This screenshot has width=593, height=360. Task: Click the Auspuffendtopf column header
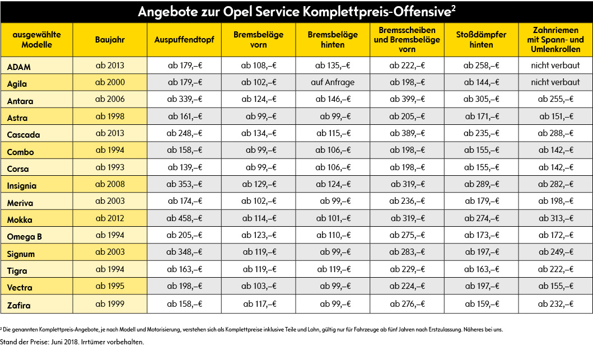[184, 40]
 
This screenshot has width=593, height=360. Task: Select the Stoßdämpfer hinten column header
[481, 40]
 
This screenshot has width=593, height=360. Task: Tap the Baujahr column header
[110, 40]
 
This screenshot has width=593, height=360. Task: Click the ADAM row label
[19, 67]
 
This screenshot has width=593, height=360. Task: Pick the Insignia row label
[21, 186]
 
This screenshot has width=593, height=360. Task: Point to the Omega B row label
[24, 237]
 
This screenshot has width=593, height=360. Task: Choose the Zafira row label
[18, 305]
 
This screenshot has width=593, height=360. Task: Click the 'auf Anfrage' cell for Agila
[333, 82]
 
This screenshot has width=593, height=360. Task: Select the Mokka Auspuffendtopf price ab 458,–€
[184, 218]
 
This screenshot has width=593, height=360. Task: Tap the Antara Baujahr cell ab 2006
[110, 99]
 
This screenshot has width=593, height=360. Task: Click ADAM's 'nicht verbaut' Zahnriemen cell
[555, 66]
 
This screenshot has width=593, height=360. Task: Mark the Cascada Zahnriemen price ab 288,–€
[555, 133]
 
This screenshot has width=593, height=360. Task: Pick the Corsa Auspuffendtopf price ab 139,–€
[185, 167]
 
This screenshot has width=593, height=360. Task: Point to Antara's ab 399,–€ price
[407, 99]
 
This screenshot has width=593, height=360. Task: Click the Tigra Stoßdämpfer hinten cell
[482, 269]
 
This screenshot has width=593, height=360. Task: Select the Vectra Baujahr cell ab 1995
[110, 286]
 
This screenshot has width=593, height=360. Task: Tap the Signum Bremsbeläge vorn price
[259, 252]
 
